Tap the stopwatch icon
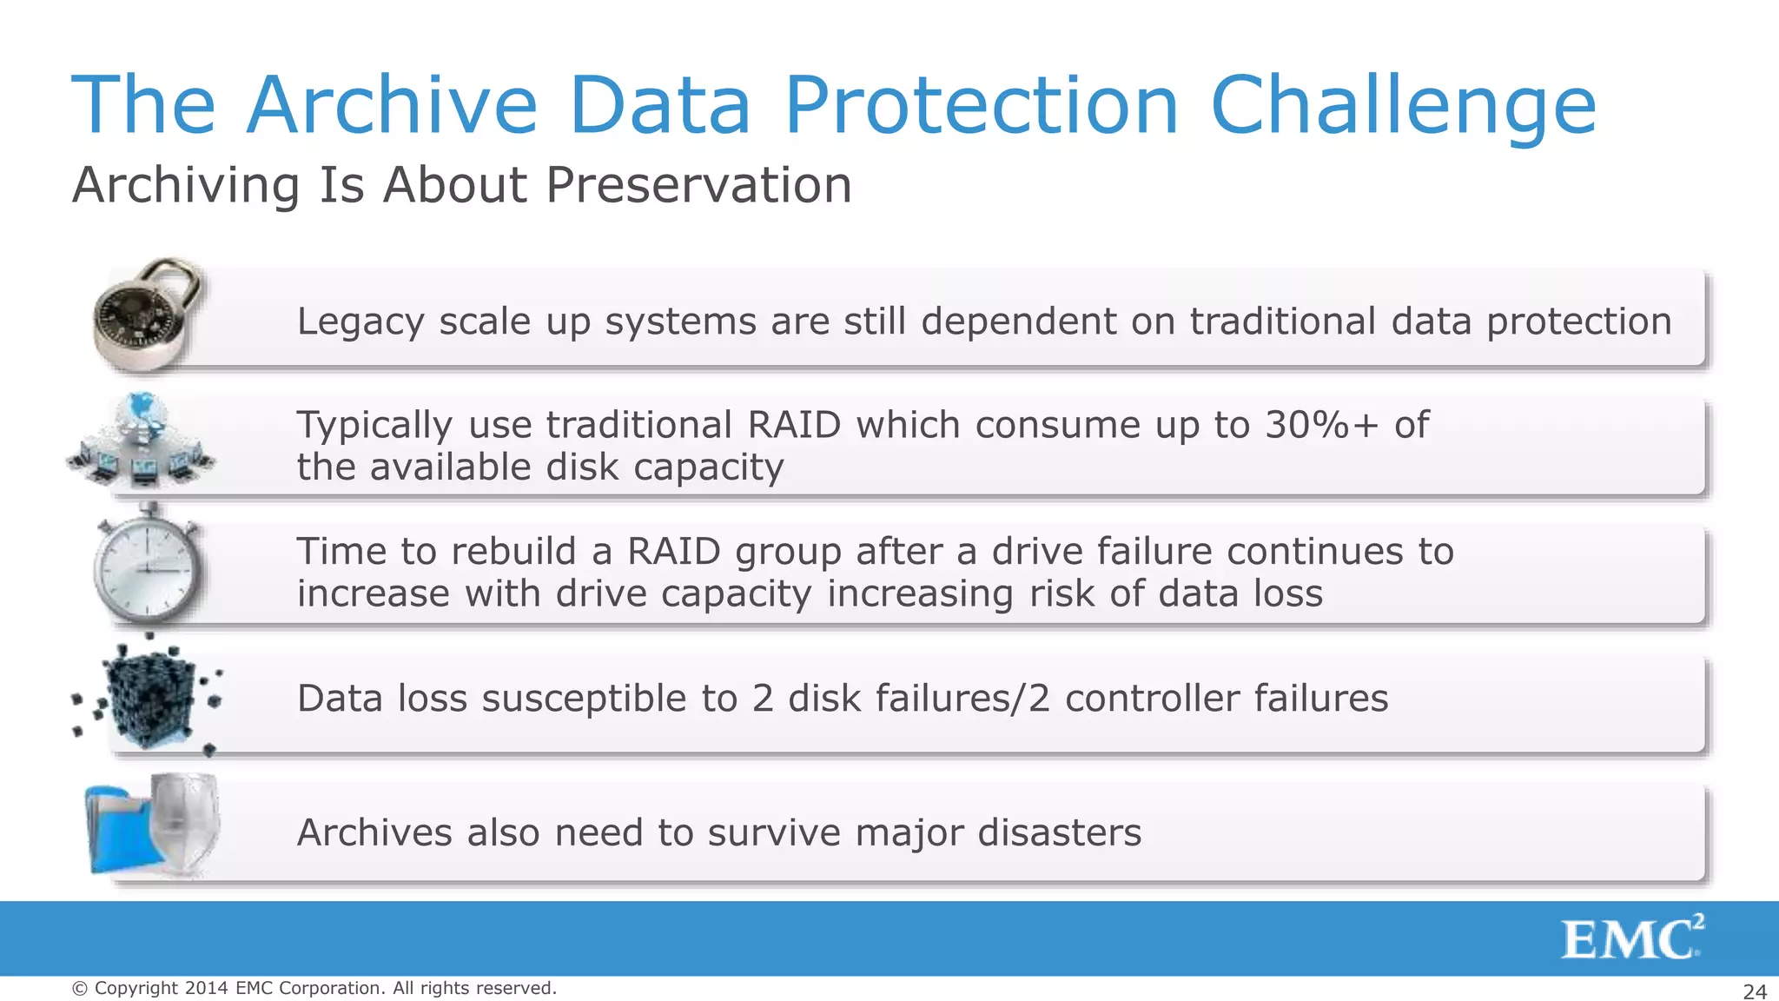(x=148, y=565)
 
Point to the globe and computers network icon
(x=142, y=441)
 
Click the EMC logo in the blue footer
(x=1631, y=938)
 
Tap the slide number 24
(x=1755, y=991)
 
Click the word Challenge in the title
(x=1403, y=106)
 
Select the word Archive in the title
(x=392, y=106)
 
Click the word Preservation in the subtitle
(x=698, y=185)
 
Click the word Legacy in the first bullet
(x=360, y=322)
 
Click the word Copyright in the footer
(x=136, y=988)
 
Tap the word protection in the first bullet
(x=1578, y=322)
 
